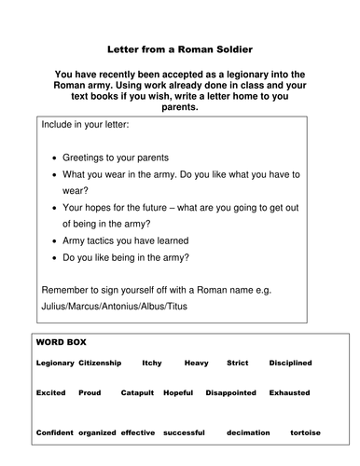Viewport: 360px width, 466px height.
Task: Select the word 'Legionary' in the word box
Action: click(x=54, y=362)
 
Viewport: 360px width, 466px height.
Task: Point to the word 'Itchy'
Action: click(x=152, y=362)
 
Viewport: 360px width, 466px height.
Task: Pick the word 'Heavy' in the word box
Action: click(x=196, y=362)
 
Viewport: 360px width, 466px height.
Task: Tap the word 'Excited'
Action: click(x=50, y=392)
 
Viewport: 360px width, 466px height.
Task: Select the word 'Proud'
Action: click(x=90, y=392)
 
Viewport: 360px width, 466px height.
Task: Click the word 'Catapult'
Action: click(x=137, y=392)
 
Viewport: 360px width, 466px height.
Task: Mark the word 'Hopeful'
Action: click(x=178, y=392)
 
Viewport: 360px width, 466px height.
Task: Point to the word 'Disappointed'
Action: click(x=229, y=392)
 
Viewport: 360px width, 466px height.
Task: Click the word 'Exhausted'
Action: click(x=290, y=392)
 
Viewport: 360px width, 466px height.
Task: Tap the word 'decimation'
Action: click(x=252, y=433)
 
